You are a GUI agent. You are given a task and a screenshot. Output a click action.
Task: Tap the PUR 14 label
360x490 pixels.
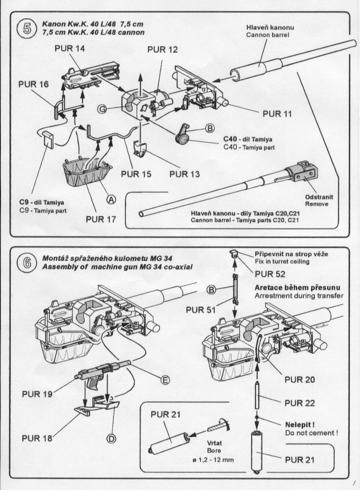tap(69, 49)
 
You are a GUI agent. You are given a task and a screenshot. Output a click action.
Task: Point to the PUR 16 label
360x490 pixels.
tap(33, 84)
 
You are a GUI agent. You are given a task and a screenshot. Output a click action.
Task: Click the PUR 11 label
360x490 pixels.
tap(277, 114)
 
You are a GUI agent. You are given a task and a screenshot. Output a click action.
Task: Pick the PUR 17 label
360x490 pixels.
tap(101, 219)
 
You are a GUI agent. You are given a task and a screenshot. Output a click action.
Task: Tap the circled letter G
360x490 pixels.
tap(101, 110)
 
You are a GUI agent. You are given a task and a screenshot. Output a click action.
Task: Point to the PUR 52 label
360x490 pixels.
tap(270, 274)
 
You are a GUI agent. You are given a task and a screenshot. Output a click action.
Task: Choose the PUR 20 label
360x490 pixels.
tap(300, 379)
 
